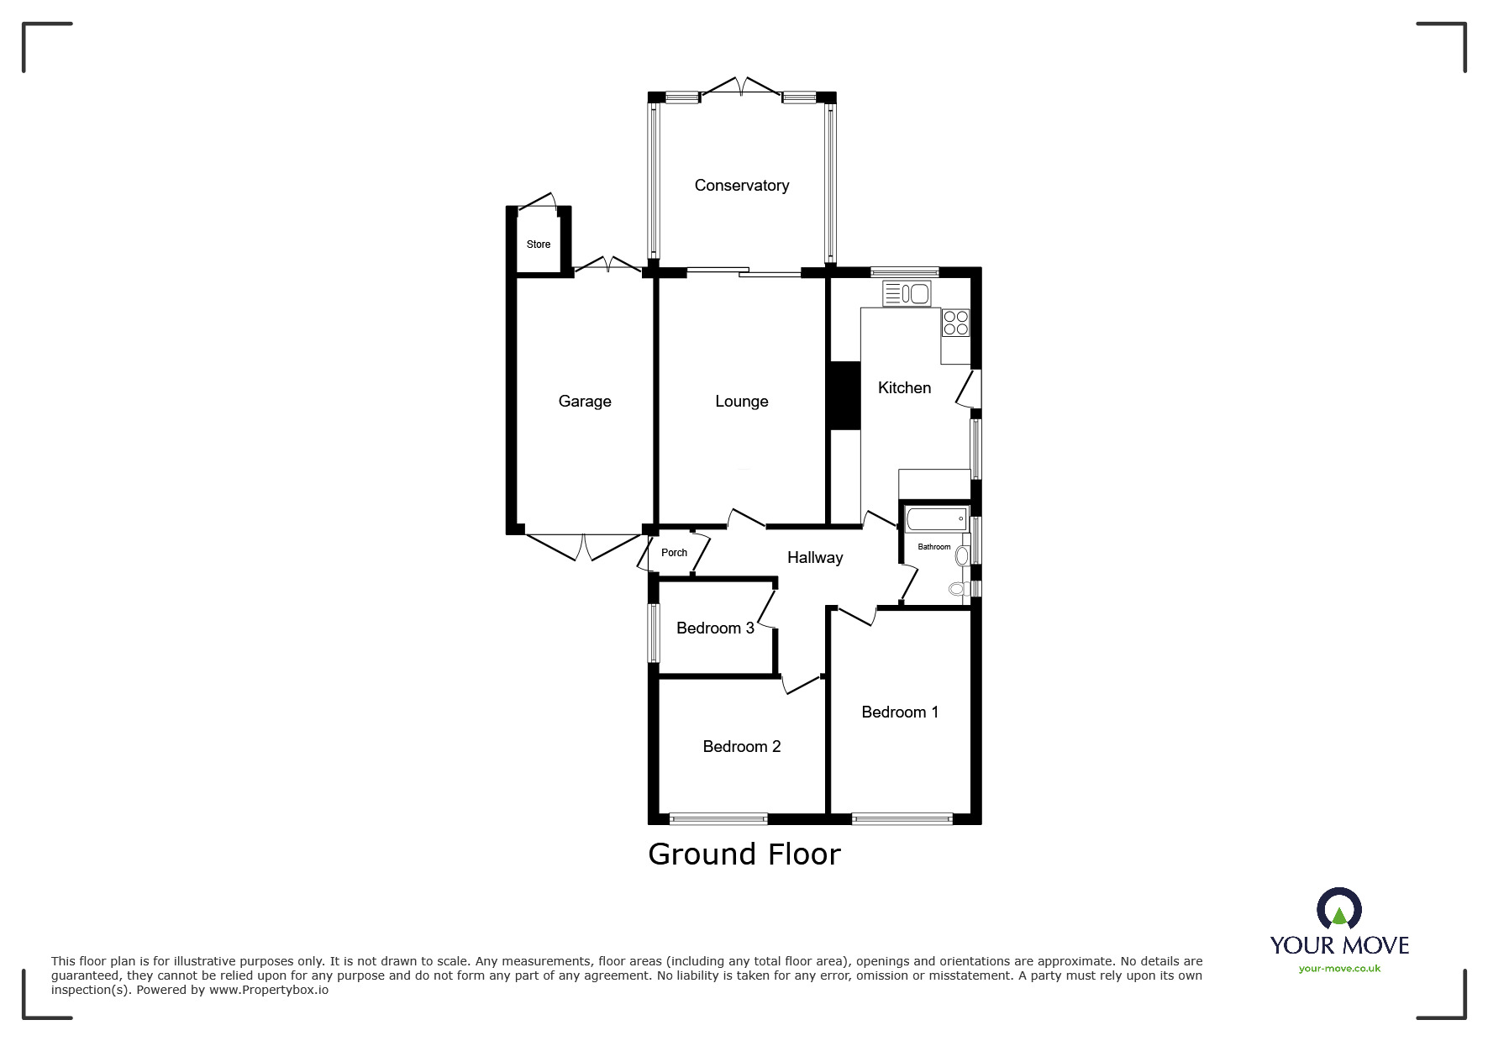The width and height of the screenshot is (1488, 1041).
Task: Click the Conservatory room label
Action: [741, 186]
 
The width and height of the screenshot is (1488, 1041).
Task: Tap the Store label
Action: [539, 244]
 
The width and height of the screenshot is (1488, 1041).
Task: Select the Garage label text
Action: [585, 402]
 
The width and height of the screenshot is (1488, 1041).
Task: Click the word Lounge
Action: [741, 402]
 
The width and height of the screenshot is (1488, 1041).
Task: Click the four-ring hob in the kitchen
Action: [955, 323]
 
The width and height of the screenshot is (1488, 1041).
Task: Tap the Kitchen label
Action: [904, 388]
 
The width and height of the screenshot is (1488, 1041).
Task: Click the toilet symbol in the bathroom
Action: [956, 589]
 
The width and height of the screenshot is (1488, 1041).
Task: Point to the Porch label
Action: [674, 553]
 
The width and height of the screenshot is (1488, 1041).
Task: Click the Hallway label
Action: [814, 558]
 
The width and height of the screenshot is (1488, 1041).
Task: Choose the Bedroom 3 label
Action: [715, 628]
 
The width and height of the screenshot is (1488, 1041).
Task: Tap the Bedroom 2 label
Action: [741, 747]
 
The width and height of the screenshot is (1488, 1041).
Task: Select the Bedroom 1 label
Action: [899, 712]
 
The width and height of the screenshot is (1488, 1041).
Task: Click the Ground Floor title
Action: [744, 854]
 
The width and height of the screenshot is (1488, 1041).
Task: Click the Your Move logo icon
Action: [1338, 909]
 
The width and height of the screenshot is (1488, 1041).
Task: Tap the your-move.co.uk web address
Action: [1339, 969]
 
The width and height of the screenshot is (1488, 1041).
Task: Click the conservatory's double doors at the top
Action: [741, 87]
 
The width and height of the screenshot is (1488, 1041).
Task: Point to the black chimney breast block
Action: [844, 396]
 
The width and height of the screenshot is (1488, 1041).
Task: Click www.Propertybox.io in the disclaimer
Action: [268, 990]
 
